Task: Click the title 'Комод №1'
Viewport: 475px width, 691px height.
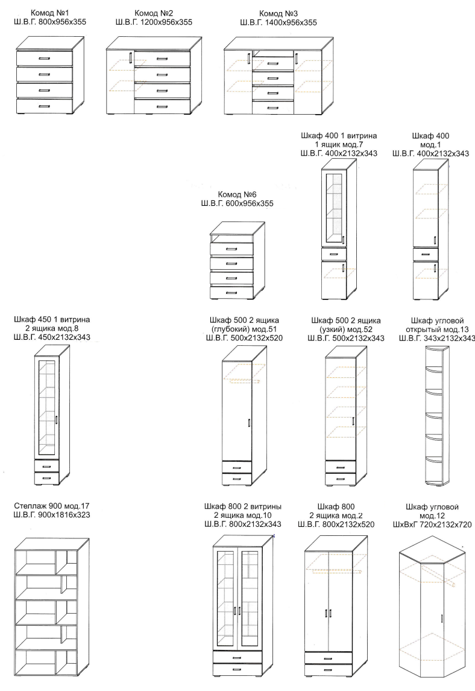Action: point(50,13)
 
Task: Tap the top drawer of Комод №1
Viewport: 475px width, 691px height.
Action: point(45,58)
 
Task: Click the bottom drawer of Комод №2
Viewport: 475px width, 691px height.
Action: point(162,106)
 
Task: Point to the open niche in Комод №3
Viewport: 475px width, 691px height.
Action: point(273,53)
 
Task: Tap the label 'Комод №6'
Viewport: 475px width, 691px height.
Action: point(237,194)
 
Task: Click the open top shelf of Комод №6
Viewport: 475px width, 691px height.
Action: point(231,238)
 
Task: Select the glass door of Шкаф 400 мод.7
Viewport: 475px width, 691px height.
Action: point(334,209)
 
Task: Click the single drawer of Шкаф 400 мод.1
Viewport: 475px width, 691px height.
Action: point(426,253)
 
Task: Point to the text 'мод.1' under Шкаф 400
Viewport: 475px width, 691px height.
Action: point(430,145)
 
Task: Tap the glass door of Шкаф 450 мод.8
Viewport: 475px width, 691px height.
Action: point(46,407)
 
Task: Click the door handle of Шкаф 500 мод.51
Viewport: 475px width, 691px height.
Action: point(249,422)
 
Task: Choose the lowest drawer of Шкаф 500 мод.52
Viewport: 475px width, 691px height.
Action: point(341,479)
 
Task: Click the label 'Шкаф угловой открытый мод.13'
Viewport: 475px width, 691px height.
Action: point(436,325)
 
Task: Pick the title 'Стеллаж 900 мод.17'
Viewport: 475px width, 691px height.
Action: point(52,506)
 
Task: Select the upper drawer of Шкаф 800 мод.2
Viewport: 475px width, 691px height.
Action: point(329,658)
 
